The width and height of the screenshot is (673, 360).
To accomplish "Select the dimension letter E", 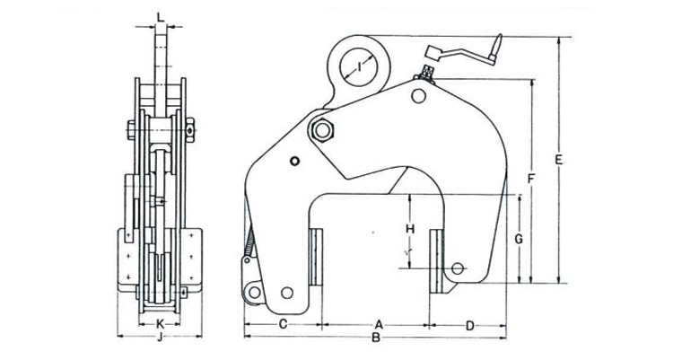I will pos(558,161).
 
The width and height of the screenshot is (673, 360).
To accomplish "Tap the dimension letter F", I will pos(531,179).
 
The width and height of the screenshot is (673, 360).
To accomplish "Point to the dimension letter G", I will pos(518,239).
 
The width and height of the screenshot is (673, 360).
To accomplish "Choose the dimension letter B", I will pos(378,339).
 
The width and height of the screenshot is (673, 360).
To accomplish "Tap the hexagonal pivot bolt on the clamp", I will pos(321,130).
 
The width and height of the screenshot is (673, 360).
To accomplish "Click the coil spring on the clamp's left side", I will pos(251,241).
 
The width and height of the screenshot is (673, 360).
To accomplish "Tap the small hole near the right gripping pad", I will pos(459,268).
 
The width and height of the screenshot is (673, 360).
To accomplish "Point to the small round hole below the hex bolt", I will pos(295,162).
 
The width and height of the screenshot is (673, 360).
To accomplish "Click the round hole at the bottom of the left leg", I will pos(286,293).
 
